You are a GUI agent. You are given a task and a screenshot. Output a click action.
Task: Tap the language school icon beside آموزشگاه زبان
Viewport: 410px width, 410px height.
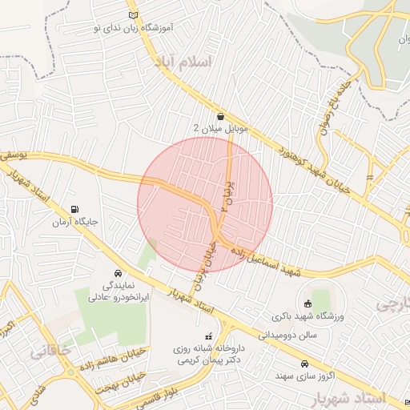pyautogui.click(x=133, y=14)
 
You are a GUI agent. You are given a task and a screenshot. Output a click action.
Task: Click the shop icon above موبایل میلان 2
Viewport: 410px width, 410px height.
pyautogui.click(x=220, y=117)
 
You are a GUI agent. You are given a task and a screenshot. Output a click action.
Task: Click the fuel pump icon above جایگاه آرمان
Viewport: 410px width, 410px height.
pyautogui.click(x=75, y=208)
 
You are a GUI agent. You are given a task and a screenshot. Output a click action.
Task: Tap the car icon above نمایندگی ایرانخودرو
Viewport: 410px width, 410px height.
pyautogui.click(x=118, y=273)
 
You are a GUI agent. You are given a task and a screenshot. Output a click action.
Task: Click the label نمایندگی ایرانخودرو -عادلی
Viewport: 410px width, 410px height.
pyautogui.click(x=119, y=290)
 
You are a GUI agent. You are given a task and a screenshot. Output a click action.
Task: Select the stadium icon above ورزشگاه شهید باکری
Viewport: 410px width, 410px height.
pyautogui.click(x=308, y=303)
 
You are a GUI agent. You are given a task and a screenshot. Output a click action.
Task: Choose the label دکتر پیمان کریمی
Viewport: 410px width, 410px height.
pyautogui.click(x=205, y=361)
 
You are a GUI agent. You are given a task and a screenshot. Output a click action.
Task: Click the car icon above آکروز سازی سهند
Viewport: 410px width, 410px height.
pyautogui.click(x=303, y=362)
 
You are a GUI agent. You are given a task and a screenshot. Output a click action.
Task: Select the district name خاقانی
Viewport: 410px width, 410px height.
pyautogui.click(x=50, y=350)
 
